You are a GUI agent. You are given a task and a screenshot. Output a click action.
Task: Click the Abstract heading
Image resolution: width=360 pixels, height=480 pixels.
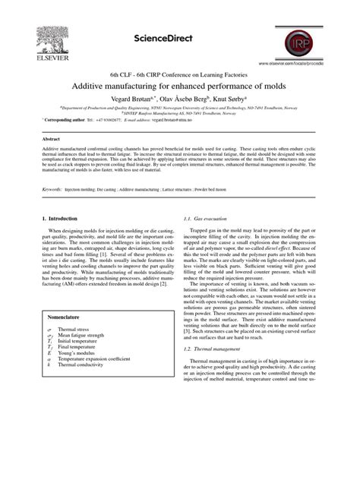click(x=50, y=140)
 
